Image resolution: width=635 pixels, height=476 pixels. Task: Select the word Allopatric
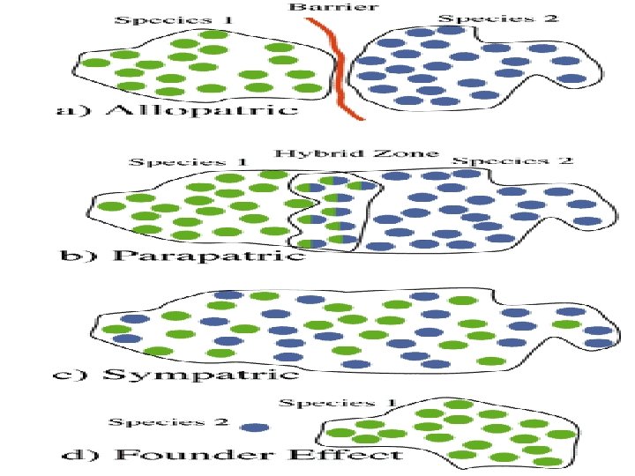pos(201,110)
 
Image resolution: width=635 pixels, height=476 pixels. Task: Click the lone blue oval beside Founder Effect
pos(255,427)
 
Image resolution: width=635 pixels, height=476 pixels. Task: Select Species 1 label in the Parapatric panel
pos(189,162)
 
